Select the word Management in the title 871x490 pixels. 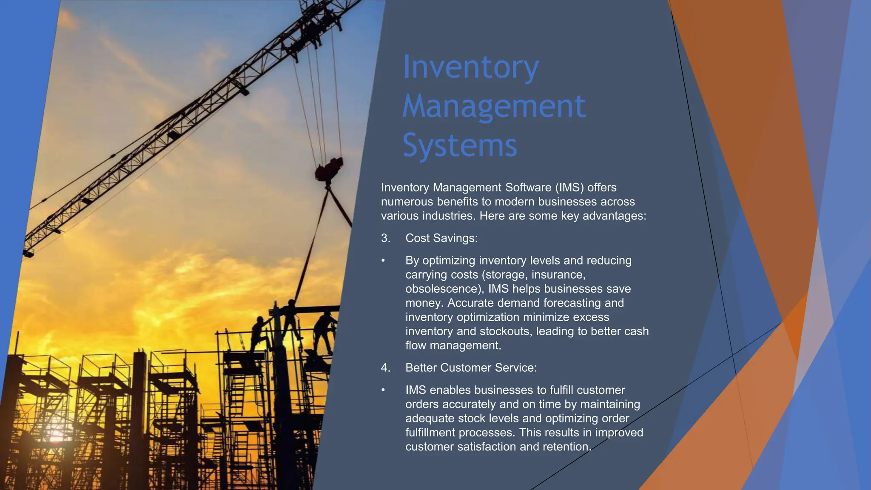click(x=494, y=106)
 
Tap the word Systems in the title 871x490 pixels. click(x=460, y=145)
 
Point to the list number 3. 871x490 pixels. click(x=385, y=238)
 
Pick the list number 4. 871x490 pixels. click(x=385, y=368)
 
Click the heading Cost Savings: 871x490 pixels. click(x=441, y=238)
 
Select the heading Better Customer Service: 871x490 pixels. click(x=471, y=368)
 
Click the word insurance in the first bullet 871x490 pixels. click(x=558, y=275)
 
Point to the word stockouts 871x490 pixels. click(x=506, y=331)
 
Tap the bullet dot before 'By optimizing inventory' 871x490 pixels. click(x=383, y=260)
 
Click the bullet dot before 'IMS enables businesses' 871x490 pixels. click(x=383, y=390)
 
